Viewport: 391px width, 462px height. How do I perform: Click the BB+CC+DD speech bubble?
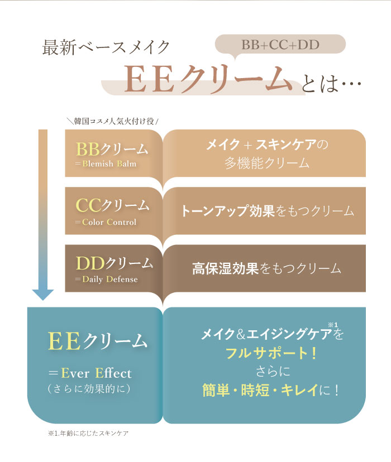[280, 44]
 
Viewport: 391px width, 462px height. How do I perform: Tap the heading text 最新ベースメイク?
[106, 47]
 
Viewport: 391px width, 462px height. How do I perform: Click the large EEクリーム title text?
[208, 80]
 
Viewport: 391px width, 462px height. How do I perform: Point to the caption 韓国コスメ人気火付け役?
[114, 121]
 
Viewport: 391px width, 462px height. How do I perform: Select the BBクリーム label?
[112, 149]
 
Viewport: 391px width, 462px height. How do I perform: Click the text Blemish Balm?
[109, 164]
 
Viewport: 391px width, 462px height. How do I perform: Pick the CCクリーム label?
[112, 205]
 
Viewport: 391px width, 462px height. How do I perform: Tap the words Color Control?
[109, 222]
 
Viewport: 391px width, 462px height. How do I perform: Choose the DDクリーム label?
[114, 263]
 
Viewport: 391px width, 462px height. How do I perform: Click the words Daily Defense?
[110, 280]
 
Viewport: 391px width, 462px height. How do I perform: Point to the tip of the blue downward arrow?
[43, 300]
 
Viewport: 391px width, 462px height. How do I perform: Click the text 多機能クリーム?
[267, 163]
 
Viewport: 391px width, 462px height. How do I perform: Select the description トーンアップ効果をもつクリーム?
[267, 211]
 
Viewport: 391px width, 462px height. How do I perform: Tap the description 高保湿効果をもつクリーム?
[266, 268]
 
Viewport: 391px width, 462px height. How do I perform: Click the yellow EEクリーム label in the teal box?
[97, 341]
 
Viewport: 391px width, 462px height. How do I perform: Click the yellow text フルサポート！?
[271, 353]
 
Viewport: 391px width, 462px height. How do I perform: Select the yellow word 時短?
[255, 391]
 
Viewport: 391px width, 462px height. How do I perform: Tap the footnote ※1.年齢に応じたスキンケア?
[88, 433]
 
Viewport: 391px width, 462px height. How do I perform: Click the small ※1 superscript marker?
[333, 325]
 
